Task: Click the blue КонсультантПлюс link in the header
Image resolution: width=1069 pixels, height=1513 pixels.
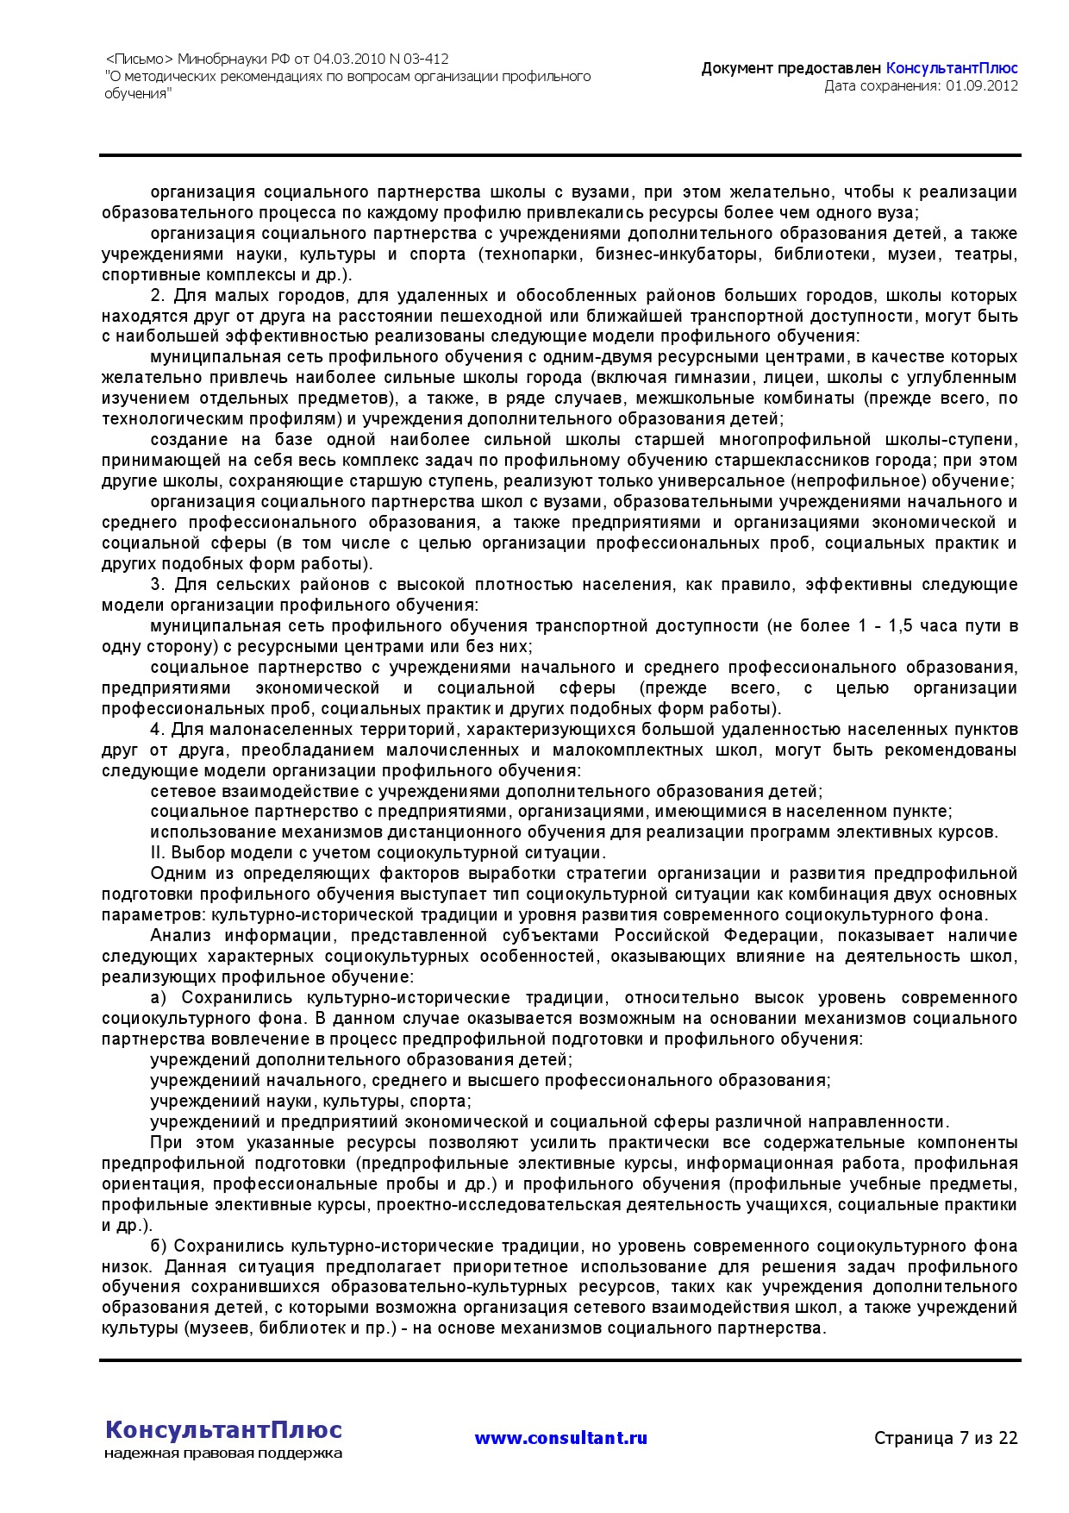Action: click(x=952, y=68)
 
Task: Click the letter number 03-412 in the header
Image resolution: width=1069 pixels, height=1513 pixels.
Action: click(x=426, y=60)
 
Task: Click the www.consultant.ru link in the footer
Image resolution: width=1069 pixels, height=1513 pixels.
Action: click(x=560, y=1438)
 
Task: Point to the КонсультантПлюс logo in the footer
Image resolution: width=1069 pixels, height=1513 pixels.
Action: click(x=223, y=1429)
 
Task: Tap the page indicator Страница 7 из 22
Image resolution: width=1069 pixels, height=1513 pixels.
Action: click(x=946, y=1438)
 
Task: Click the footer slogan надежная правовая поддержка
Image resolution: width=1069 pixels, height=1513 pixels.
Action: click(x=223, y=1453)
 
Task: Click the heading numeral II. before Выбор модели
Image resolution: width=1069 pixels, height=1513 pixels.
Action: click(x=158, y=853)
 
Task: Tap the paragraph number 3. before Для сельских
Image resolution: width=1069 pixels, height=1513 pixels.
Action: click(x=157, y=585)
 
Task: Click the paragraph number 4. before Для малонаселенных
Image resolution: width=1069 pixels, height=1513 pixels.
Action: click(x=157, y=730)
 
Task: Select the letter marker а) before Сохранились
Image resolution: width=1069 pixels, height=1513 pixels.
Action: click(x=158, y=998)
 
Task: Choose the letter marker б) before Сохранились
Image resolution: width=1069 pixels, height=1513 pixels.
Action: click(x=158, y=1246)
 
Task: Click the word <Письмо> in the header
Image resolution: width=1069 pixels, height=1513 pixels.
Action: click(x=139, y=60)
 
